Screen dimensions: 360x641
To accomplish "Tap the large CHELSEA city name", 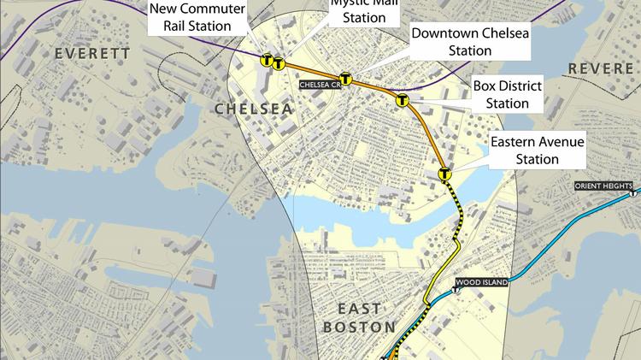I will point(253,109).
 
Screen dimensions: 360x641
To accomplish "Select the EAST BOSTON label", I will point(359,316).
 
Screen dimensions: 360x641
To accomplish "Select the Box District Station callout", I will point(507,95).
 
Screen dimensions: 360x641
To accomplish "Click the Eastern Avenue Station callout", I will point(537,150).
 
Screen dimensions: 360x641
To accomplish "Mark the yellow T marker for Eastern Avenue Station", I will point(444,174).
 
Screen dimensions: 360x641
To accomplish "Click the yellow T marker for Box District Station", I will point(402,101).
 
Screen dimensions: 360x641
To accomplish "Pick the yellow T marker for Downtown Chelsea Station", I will point(346,78).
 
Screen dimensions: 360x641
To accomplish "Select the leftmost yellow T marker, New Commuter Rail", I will point(267,61).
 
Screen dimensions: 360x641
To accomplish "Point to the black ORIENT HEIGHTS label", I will point(603,186).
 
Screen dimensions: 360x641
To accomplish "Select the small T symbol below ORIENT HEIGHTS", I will point(633,195).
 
